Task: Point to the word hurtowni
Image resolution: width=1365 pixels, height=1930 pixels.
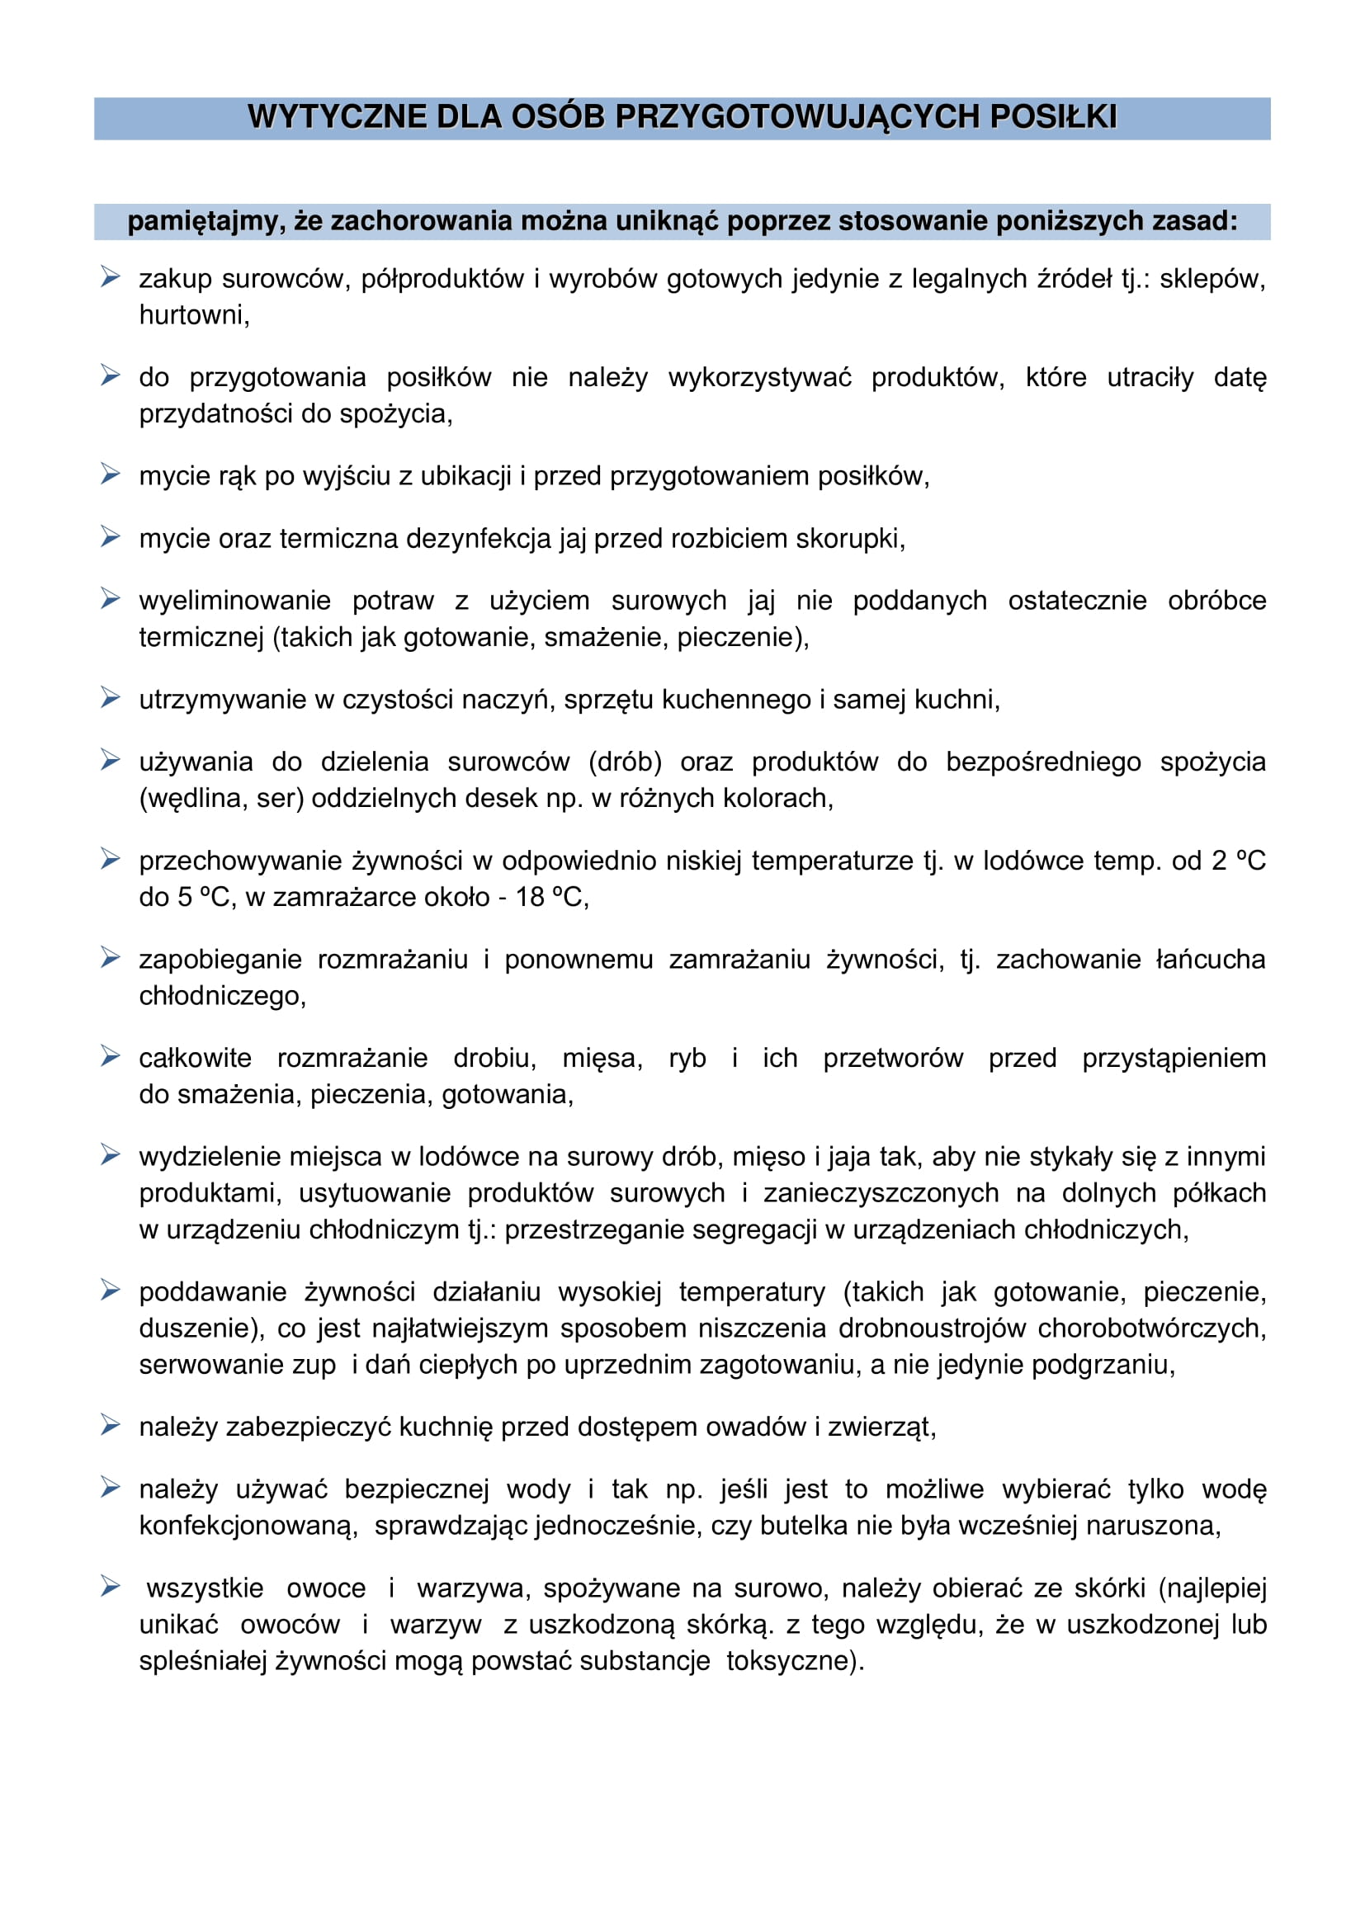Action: point(193,315)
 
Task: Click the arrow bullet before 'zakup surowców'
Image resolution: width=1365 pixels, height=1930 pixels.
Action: point(110,276)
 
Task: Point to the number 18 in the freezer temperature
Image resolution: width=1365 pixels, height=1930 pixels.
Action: point(530,897)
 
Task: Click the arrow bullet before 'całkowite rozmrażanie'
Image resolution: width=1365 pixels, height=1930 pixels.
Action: point(110,1056)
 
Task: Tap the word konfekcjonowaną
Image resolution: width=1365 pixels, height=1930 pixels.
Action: point(248,1526)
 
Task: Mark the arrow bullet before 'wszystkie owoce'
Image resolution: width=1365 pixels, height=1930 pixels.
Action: point(110,1586)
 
